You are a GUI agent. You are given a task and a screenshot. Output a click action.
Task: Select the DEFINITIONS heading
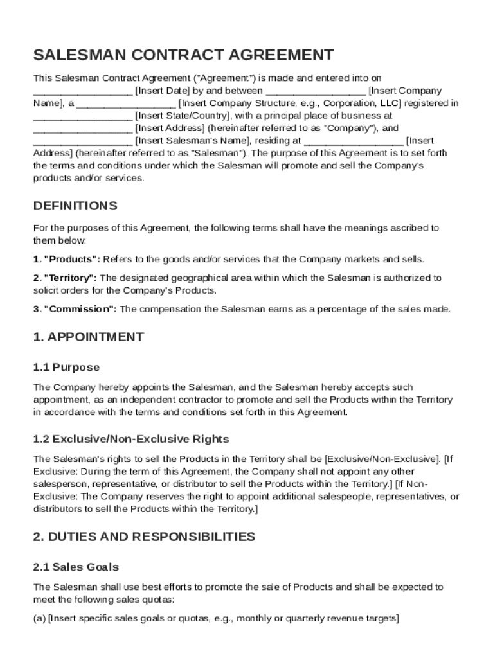75,206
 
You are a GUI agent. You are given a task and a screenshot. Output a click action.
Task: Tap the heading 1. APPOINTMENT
89,337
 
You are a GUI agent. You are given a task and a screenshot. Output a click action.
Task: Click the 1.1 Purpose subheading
66,368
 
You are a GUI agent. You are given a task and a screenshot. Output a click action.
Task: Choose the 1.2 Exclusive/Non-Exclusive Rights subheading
131,440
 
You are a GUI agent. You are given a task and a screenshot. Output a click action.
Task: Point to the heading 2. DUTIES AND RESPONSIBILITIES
144,537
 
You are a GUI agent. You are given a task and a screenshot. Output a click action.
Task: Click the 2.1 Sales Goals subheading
76,567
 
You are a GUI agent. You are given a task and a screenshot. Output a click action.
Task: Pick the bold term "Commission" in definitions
75,309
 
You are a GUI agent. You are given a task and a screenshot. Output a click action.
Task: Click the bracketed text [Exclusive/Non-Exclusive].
383,459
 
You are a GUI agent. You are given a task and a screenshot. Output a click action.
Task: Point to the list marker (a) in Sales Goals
39,619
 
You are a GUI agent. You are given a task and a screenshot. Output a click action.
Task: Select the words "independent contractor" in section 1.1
156,400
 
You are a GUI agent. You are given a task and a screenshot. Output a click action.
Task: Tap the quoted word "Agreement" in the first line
220,78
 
